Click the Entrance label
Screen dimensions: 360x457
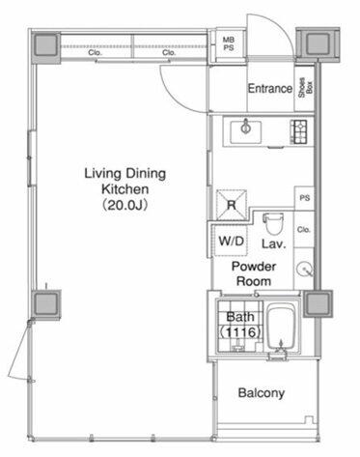(270, 88)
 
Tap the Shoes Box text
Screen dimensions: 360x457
(305, 88)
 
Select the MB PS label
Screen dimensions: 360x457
(229, 43)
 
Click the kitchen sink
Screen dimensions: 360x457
(246, 131)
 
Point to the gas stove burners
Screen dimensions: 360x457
(299, 131)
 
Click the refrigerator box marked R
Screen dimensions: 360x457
(232, 205)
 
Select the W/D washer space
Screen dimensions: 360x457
(231, 241)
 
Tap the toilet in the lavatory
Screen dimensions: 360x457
(273, 224)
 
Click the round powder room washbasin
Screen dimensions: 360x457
(305, 269)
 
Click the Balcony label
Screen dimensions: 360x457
(262, 393)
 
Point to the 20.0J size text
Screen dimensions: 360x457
(125, 205)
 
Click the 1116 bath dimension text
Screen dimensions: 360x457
(240, 331)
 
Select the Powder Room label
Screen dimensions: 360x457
(254, 273)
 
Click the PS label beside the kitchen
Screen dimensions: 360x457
(305, 197)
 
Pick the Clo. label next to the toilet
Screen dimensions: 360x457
(304, 230)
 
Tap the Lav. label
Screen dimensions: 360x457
(273, 243)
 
